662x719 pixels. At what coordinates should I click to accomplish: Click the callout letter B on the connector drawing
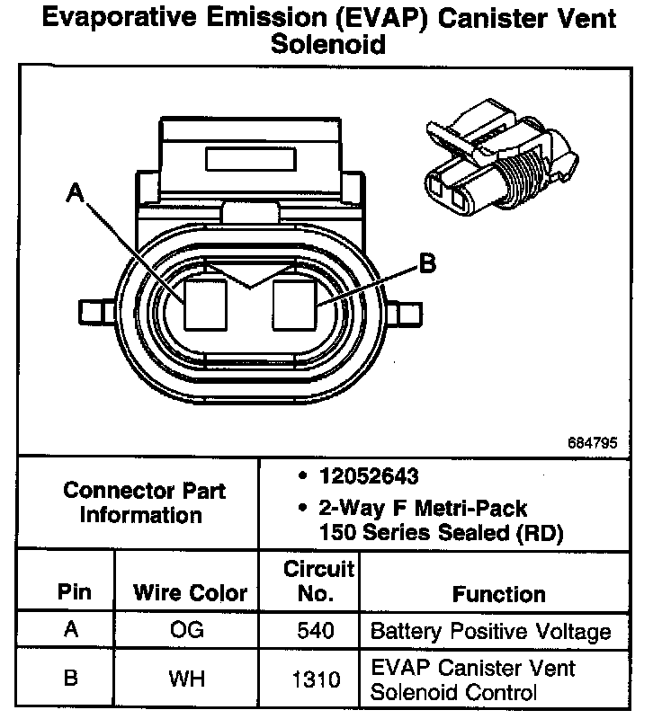pyautogui.click(x=427, y=263)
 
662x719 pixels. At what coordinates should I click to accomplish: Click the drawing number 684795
pyautogui.click(x=593, y=443)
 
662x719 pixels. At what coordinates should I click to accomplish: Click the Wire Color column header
pyautogui.click(x=190, y=593)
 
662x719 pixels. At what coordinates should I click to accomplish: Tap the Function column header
pyautogui.click(x=498, y=594)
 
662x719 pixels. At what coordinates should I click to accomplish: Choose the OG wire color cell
pyautogui.click(x=186, y=630)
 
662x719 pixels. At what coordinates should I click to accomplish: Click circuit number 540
pyautogui.click(x=316, y=631)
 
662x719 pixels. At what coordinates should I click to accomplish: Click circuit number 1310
pyautogui.click(x=316, y=679)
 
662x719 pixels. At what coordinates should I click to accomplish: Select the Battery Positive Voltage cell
pyautogui.click(x=490, y=631)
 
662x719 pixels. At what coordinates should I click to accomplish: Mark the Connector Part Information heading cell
pyautogui.click(x=145, y=503)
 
